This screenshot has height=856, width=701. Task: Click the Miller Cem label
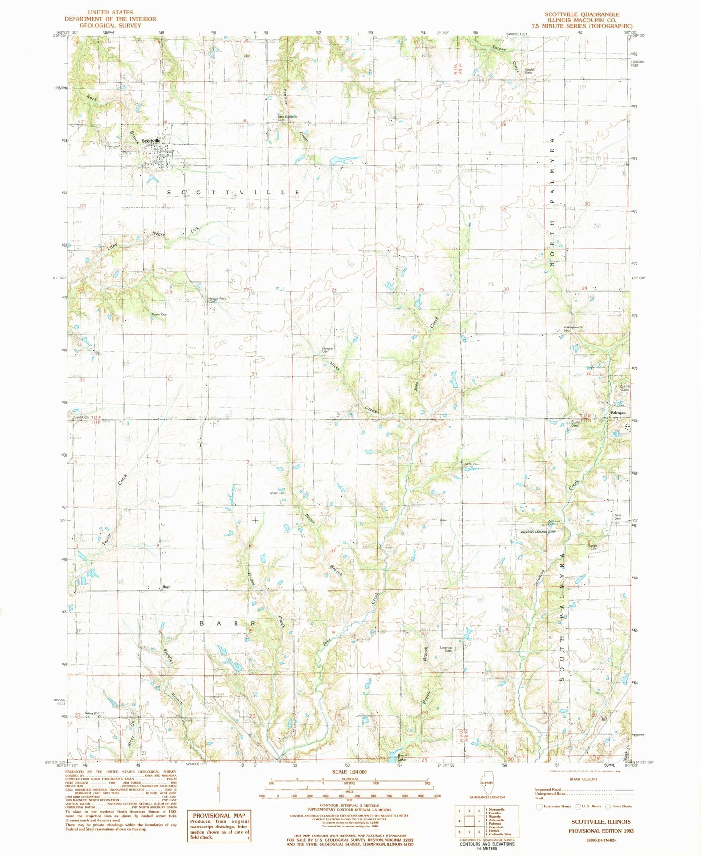coord(278,493)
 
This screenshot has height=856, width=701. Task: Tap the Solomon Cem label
coord(446,649)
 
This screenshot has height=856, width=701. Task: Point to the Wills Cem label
coord(472,464)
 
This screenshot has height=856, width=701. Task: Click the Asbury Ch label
coord(91,713)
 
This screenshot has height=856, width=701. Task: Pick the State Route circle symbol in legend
coord(608,806)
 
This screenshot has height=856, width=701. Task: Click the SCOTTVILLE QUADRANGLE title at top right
coord(588,14)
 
